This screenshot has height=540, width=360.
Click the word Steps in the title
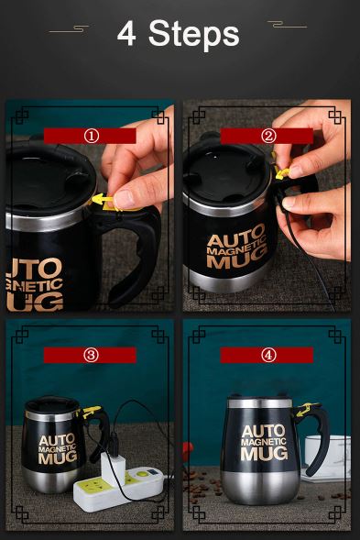click(x=194, y=34)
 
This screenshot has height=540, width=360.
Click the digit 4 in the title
click(x=126, y=34)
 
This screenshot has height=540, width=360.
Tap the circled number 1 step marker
click(x=91, y=136)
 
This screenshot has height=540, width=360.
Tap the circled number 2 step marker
click(x=268, y=136)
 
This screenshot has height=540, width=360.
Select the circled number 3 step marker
click(x=91, y=355)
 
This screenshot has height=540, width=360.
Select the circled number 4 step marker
click(x=268, y=355)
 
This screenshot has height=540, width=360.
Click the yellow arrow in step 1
click(x=103, y=200)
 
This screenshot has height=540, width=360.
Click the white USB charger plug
click(x=113, y=469)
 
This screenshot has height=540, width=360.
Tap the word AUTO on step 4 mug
click(x=264, y=432)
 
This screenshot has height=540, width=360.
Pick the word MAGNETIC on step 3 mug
click(x=57, y=448)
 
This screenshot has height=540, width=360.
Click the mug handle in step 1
click(x=137, y=248)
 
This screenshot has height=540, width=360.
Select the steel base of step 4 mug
click(x=259, y=488)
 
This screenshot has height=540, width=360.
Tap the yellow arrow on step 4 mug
click(x=304, y=410)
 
